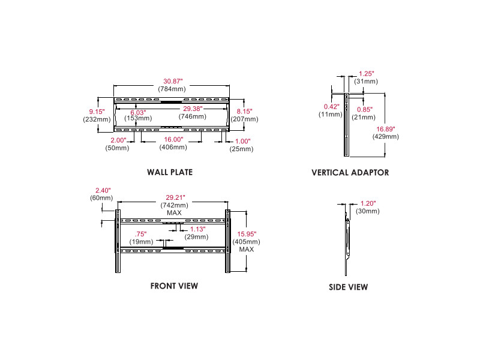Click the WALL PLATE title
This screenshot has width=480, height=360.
[x=170, y=172]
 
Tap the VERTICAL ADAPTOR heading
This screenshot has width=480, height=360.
[x=350, y=172]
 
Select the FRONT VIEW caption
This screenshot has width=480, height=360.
[x=174, y=286]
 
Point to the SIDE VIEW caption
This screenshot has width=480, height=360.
[x=348, y=287]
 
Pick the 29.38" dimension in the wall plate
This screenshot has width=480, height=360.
[x=193, y=109]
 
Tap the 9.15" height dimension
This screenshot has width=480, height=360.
[x=97, y=111]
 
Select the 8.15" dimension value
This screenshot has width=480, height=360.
[x=244, y=111]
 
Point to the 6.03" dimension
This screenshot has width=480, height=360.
[x=137, y=112]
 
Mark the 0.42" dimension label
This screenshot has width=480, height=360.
[x=331, y=106]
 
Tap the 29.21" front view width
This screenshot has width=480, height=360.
[x=175, y=197]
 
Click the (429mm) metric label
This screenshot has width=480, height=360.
[x=385, y=136]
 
